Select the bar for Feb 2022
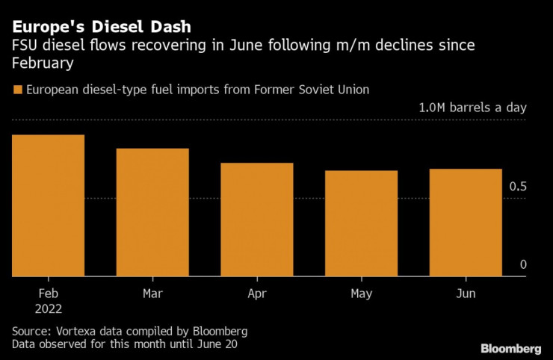click(48, 205)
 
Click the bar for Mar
click(152, 212)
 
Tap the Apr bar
click(256, 220)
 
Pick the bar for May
click(361, 223)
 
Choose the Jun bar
click(465, 223)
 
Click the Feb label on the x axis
click(48, 294)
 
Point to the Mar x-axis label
click(152, 294)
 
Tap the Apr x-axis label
click(256, 294)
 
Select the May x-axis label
click(361, 294)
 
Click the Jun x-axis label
click(465, 294)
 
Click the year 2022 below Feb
click(48, 308)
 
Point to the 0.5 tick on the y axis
click(519, 186)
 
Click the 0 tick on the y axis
click(523, 264)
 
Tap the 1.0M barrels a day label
click(473, 108)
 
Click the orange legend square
click(17, 90)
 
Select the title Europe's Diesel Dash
click(102, 27)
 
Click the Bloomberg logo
click(510, 348)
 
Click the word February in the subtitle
click(42, 63)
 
